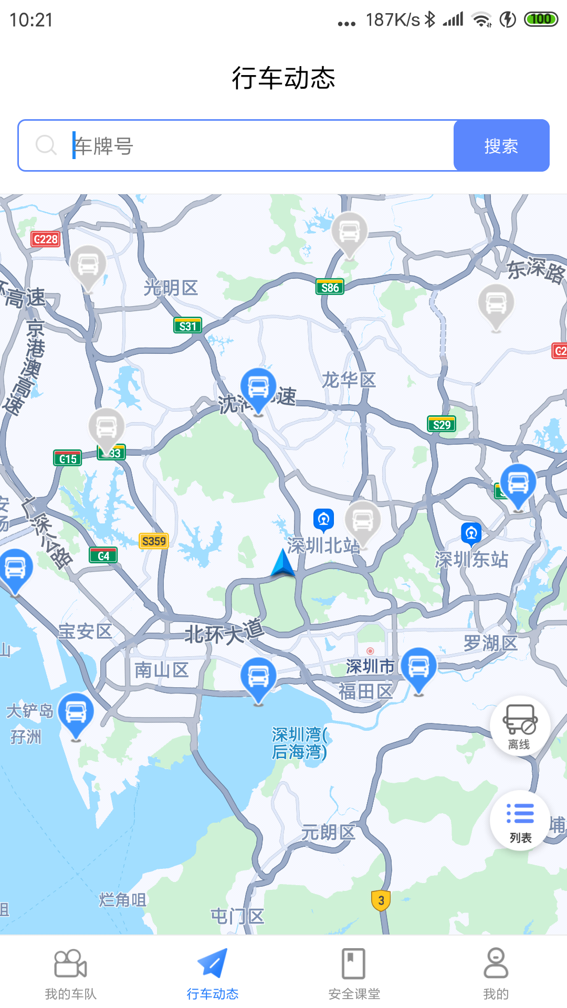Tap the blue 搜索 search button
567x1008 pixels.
coord(501,145)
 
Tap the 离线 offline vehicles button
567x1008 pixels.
coord(520,727)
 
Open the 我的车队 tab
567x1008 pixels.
coord(71,974)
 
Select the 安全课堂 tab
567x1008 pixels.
coord(354,974)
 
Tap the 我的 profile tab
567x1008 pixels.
coord(496,974)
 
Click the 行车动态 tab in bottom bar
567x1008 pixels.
coord(213,974)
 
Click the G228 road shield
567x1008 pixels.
coord(46,239)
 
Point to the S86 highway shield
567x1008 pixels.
coord(330,287)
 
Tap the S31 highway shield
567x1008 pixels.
coord(187,326)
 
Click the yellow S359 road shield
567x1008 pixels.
coord(154,541)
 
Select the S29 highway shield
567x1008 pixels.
coord(442,424)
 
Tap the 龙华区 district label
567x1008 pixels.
coord(349,380)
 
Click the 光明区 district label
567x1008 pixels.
coord(171,288)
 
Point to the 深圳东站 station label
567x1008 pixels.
coord(471,560)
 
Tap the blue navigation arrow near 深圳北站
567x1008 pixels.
coord(283,563)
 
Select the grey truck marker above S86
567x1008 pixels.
coord(350,233)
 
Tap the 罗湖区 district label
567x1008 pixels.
coord(490,643)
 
